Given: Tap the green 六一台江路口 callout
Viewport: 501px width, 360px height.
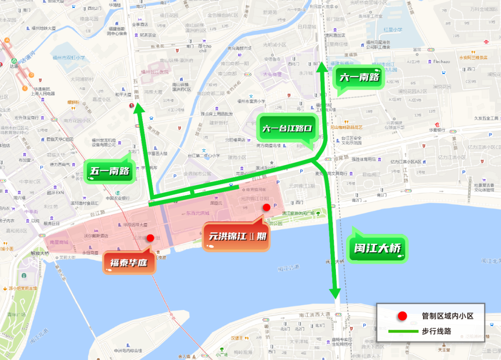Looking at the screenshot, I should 286,129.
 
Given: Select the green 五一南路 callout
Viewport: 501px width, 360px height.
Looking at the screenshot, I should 110,172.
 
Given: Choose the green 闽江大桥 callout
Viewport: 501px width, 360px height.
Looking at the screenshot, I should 377,248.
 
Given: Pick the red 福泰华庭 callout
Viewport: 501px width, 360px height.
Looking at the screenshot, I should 128,263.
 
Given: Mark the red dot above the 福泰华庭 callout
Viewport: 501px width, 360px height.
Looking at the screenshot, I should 150,238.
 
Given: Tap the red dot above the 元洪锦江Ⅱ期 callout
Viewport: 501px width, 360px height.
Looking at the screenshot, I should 266,207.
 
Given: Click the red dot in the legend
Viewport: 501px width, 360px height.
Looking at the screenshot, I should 402,316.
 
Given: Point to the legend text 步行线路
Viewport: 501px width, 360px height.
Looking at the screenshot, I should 437,331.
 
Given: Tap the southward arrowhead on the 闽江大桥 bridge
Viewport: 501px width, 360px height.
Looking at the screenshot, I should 335,294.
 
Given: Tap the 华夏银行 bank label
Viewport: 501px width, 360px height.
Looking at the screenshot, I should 437,130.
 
